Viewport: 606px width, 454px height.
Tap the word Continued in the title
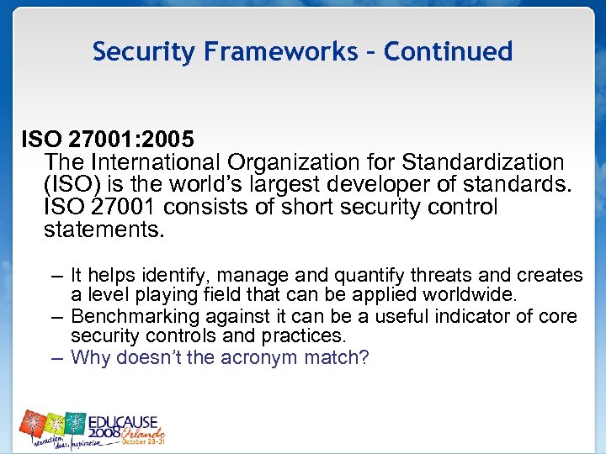pos(448,52)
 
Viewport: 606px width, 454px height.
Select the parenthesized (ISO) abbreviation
pos(71,184)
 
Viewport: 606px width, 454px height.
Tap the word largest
pos(305,184)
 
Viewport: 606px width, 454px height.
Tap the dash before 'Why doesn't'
pos(56,357)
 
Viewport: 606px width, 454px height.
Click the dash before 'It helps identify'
pos(56,275)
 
